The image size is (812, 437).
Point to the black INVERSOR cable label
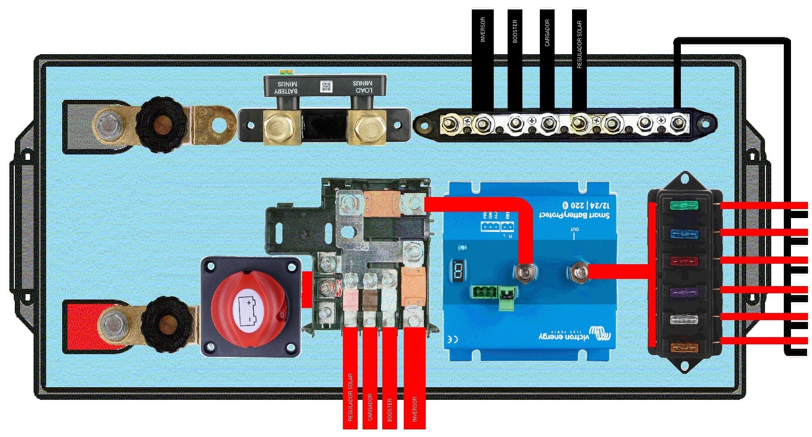[x=483, y=30]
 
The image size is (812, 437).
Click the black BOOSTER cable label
[x=515, y=31]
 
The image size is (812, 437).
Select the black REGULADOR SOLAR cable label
[x=579, y=44]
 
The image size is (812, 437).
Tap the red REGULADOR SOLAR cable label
[x=350, y=397]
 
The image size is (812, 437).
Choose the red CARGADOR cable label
[x=370, y=407]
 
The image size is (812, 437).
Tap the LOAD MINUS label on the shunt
[x=362, y=86]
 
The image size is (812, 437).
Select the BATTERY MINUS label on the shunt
[x=287, y=87]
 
